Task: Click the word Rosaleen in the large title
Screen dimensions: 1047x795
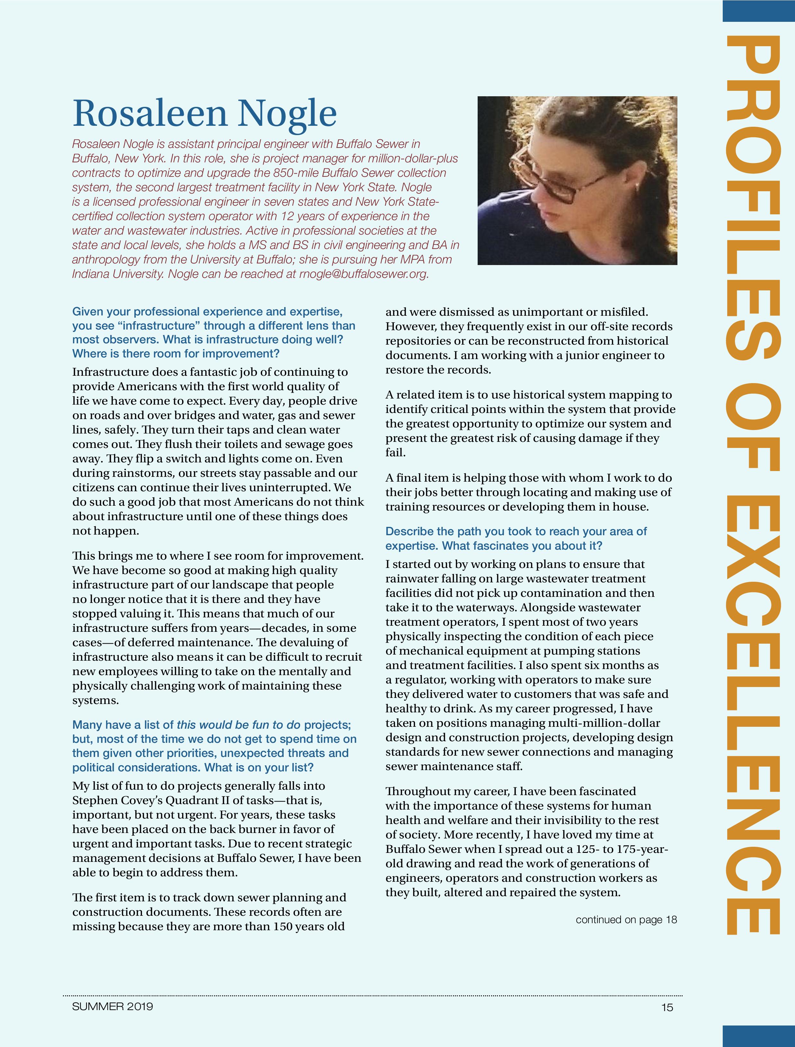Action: [150, 113]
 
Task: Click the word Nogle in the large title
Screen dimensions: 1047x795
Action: [287, 113]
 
